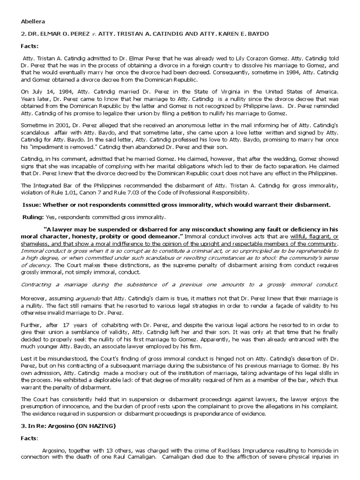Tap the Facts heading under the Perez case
coord(30,47)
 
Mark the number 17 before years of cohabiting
coord(67,323)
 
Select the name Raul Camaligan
coord(123,457)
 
